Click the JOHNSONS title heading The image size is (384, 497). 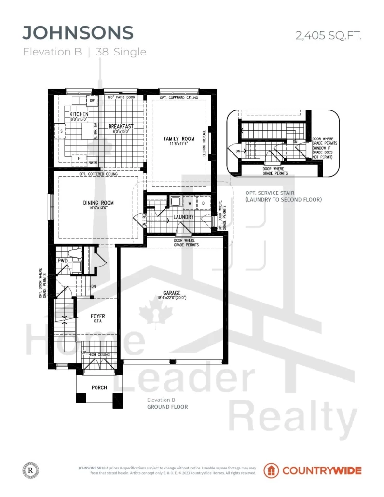coord(78,32)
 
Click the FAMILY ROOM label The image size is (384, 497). coord(178,139)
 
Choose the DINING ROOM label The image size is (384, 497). coord(97,203)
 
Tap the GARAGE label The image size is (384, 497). coord(172,293)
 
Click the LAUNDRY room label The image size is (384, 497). coord(184,217)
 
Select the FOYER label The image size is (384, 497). coord(98,317)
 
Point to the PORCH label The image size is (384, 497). coord(99,387)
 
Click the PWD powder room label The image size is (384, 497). coord(63,261)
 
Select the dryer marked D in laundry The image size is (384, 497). coord(203,204)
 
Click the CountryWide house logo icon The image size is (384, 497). coord(271,470)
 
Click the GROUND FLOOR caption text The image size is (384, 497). coord(167,407)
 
